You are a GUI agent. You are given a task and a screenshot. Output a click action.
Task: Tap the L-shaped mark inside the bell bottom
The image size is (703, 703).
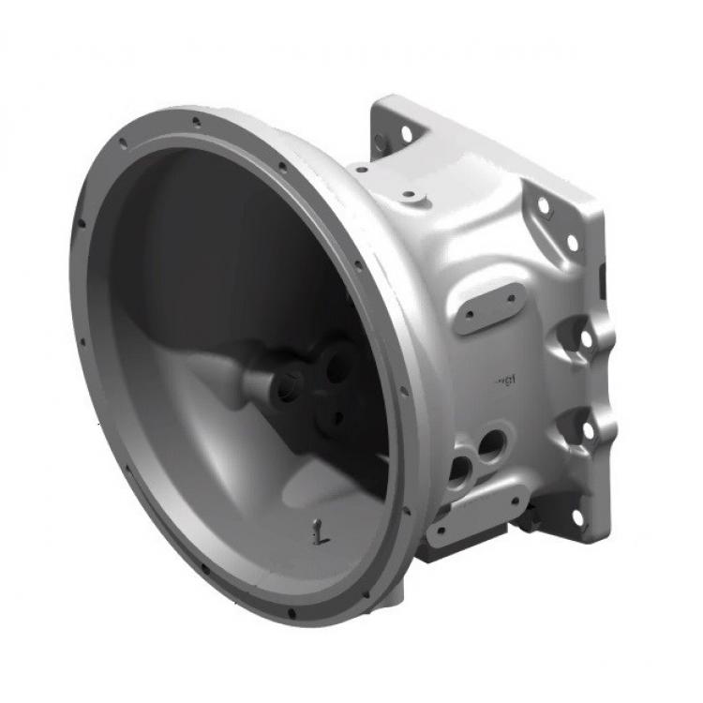(321, 533)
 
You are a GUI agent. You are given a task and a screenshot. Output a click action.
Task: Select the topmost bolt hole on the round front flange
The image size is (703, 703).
(196, 121)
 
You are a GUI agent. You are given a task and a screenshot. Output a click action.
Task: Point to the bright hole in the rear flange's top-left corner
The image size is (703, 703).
(407, 134)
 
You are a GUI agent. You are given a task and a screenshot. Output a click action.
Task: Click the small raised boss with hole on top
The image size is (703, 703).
(410, 196)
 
